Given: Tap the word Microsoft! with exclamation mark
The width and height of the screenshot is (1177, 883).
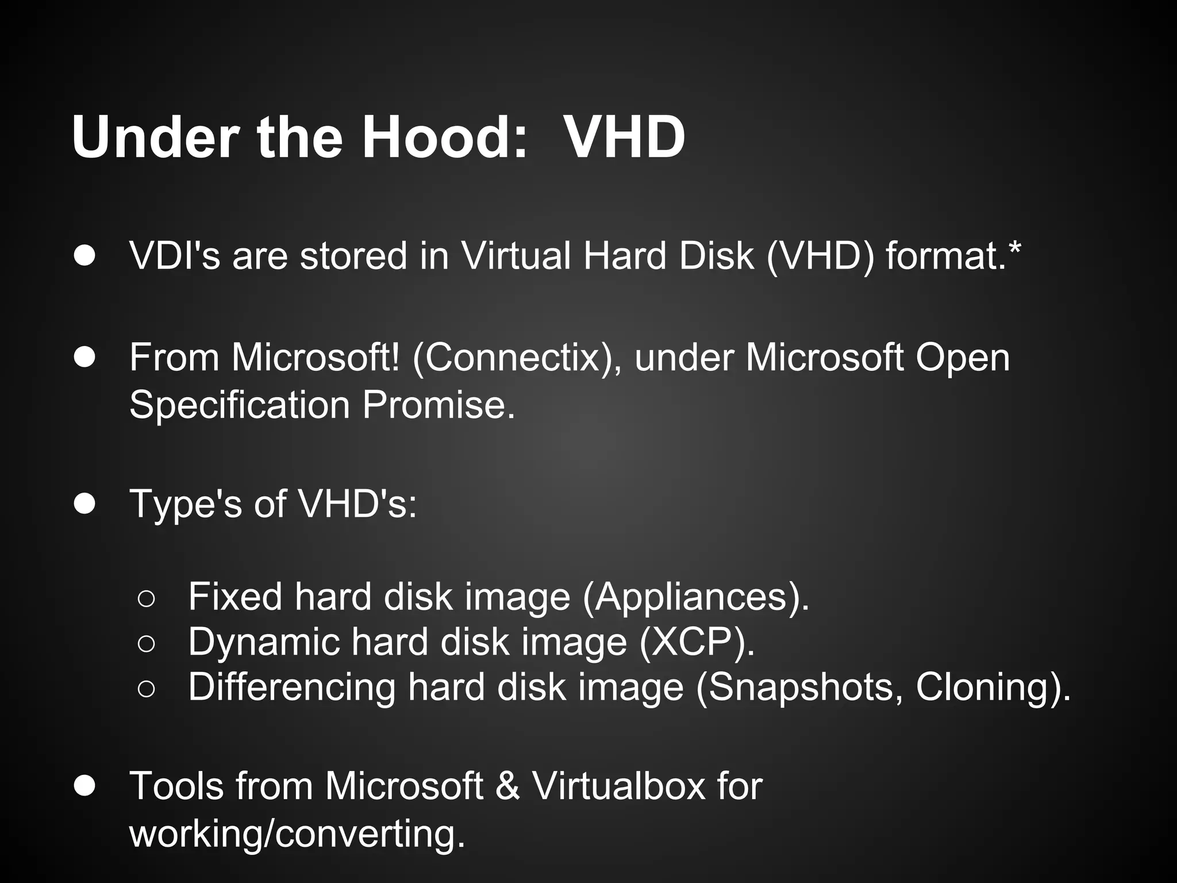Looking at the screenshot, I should [x=315, y=358].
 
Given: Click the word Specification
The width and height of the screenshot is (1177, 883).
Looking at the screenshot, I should [x=240, y=405].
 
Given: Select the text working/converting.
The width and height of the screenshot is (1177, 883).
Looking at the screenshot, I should [x=297, y=834].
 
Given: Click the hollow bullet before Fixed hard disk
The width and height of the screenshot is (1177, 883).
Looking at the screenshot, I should [x=146, y=599].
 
